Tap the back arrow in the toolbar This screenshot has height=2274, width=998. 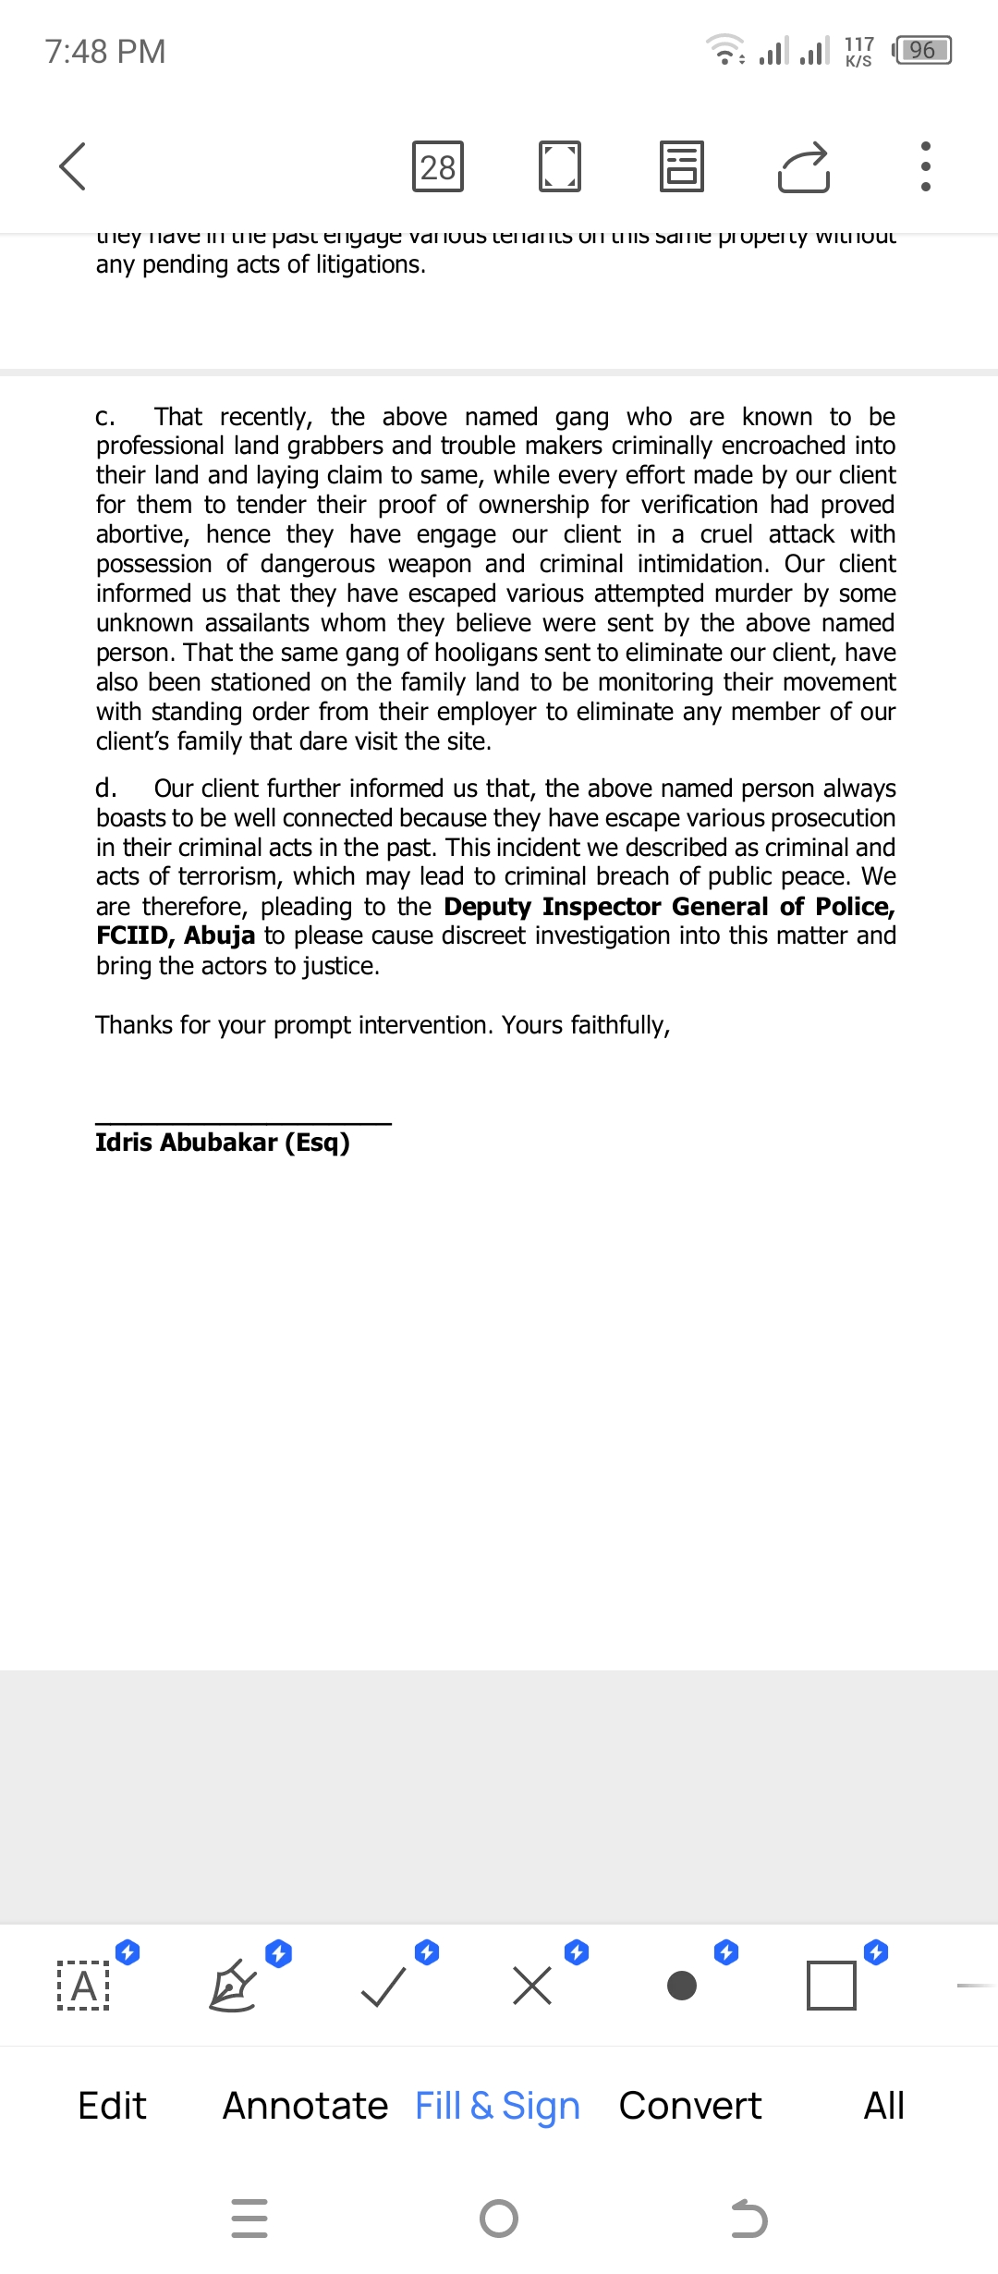tap(72, 166)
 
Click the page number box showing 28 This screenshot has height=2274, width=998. tap(438, 166)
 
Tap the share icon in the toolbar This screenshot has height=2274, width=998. tap(803, 166)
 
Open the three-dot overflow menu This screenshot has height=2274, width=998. tap(925, 166)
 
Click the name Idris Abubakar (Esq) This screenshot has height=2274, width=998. tap(223, 1143)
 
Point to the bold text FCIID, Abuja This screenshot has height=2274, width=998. tap(176, 935)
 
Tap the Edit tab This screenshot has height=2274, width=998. tap(112, 2106)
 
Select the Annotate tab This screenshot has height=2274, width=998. tap(305, 2106)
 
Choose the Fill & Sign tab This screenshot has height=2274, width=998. tap(497, 2106)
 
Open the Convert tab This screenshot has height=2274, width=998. tap(690, 2106)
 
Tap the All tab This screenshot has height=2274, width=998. tap(883, 2106)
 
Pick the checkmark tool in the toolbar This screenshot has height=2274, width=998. tap(383, 1986)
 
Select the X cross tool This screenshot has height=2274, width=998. tap(532, 1986)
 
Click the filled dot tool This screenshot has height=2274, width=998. tap(682, 1986)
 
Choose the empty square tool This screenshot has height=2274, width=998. tap(831, 1986)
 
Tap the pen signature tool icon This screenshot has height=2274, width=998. tap(233, 1986)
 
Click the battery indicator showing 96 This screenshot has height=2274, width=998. tap(922, 50)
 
